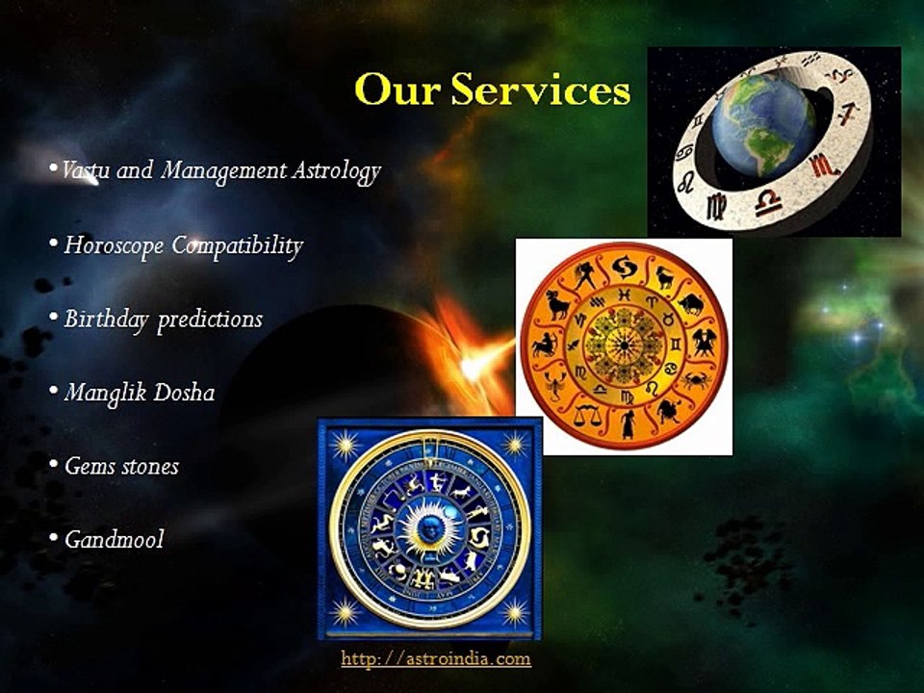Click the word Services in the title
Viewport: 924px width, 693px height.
(541, 90)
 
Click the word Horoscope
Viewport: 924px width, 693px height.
(115, 245)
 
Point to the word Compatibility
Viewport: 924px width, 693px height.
(237, 246)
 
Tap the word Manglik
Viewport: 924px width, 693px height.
(99, 393)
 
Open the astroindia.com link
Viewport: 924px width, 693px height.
(436, 659)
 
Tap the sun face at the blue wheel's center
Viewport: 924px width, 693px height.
(429, 526)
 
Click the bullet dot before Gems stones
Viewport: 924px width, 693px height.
(53, 466)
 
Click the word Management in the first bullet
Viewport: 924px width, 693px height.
(224, 172)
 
